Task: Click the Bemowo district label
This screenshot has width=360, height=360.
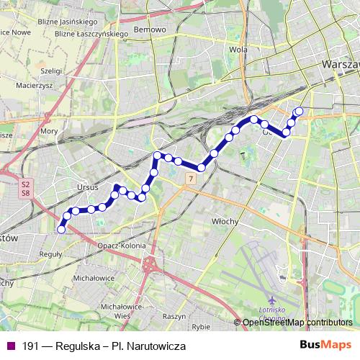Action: point(151,30)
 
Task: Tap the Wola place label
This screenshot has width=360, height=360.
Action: point(233,50)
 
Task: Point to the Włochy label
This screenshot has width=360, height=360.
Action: point(225,222)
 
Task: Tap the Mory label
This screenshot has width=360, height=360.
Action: point(50,132)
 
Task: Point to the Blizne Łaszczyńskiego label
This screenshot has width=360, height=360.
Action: point(91,33)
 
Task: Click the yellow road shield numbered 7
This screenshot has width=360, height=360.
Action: point(190,177)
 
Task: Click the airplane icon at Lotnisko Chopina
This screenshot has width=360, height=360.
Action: point(271,299)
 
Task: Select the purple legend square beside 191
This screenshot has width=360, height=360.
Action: point(9,346)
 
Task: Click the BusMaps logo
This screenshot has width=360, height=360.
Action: point(325,346)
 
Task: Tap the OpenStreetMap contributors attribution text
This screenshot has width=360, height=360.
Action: point(297,323)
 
